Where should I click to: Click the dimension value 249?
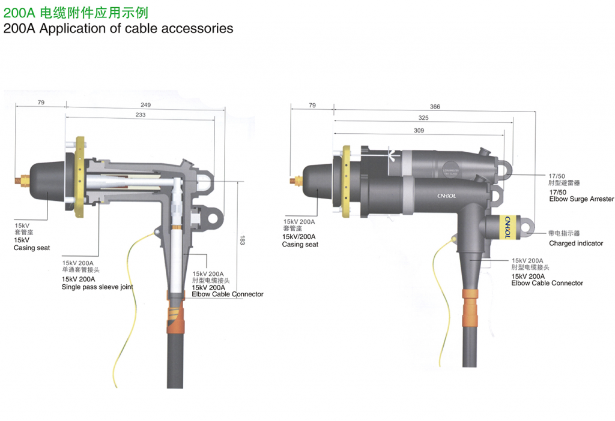click(x=146, y=105)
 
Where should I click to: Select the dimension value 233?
click(x=141, y=115)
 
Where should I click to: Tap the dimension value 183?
click(x=242, y=239)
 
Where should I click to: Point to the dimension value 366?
click(x=435, y=107)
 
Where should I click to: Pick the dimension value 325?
click(x=423, y=118)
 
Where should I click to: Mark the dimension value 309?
click(x=419, y=130)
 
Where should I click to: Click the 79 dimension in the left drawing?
click(x=41, y=103)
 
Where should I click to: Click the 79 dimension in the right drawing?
click(x=312, y=106)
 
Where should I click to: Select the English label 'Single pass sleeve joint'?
click(x=97, y=287)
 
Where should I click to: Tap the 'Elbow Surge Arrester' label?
click(x=581, y=199)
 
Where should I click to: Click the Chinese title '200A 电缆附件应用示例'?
click(x=76, y=13)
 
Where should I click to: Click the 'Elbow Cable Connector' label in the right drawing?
click(x=547, y=283)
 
